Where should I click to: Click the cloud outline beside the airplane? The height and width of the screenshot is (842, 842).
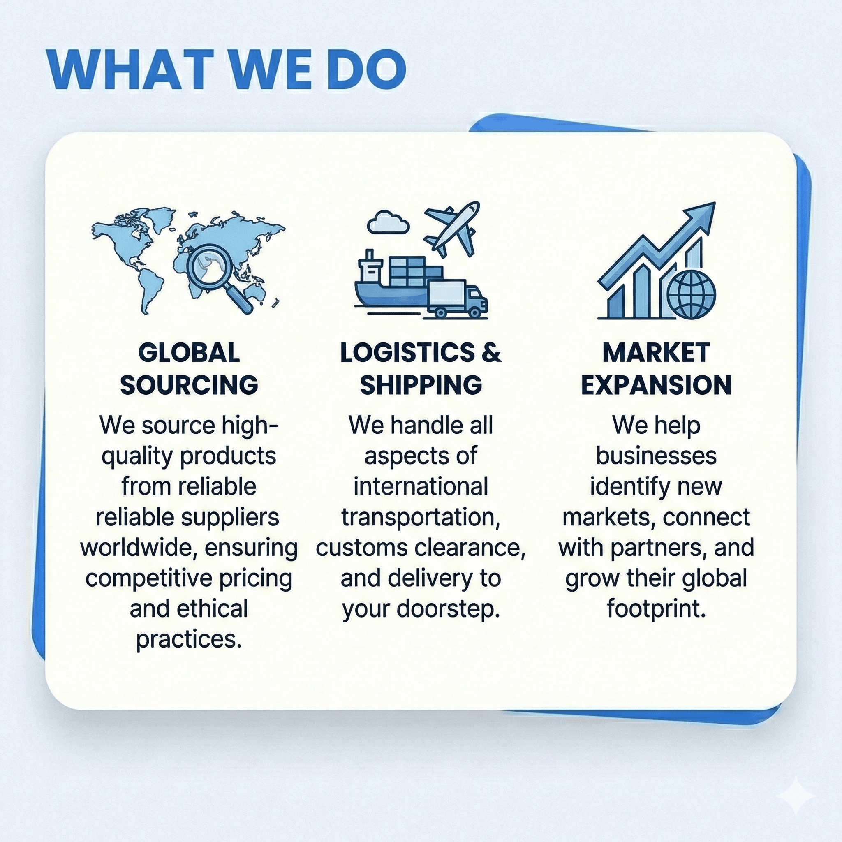click(x=388, y=222)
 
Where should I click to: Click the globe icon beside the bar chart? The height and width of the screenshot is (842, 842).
click(x=692, y=294)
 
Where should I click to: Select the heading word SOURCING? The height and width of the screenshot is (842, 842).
click(x=189, y=385)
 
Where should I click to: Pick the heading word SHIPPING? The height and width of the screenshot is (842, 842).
click(x=421, y=385)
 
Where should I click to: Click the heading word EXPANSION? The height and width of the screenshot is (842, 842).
click(x=656, y=385)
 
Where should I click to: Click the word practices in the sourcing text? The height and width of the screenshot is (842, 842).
click(x=189, y=640)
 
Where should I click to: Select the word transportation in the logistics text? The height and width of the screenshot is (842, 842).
click(x=421, y=517)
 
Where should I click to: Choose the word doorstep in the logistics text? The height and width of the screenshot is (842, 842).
click(x=449, y=609)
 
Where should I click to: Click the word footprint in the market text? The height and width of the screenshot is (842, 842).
click(x=656, y=609)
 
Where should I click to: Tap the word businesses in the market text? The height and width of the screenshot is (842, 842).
click(x=656, y=456)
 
